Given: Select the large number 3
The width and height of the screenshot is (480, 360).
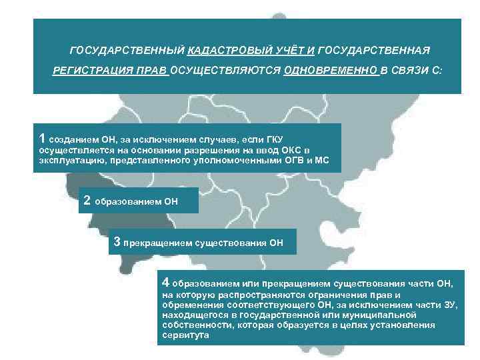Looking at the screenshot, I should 118,243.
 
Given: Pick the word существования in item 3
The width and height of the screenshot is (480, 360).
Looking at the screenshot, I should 234,243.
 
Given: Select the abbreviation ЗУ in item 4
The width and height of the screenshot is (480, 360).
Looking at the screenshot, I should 450,305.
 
